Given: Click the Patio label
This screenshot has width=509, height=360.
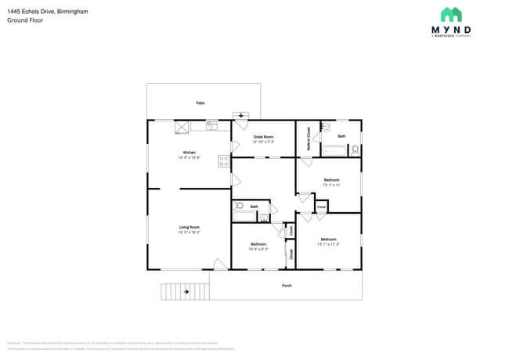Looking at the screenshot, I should pyautogui.click(x=200, y=103).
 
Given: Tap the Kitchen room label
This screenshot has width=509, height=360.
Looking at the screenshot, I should pyautogui.click(x=190, y=153).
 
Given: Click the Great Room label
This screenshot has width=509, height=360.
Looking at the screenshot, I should pyautogui.click(x=263, y=136).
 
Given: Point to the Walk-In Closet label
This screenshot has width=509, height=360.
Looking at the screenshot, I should pyautogui.click(x=309, y=139).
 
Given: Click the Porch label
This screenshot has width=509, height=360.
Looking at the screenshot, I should pyautogui.click(x=287, y=286).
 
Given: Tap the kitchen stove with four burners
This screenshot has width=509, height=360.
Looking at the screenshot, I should pyautogui.click(x=225, y=162).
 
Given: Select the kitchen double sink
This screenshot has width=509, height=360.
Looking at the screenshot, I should pyautogui.click(x=211, y=125).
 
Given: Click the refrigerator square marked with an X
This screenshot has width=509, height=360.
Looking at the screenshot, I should pyautogui.click(x=181, y=126).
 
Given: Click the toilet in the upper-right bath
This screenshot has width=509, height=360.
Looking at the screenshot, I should pyautogui.click(x=355, y=149).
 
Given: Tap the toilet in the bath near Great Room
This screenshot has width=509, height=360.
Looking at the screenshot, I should pyautogui.click(x=239, y=207).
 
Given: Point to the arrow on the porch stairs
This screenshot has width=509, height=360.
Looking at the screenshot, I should pyautogui.click(x=186, y=292).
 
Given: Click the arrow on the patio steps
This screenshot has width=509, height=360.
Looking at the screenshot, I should pyautogui.click(x=241, y=115).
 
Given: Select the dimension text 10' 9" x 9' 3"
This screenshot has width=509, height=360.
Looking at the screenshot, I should pyautogui.click(x=258, y=250).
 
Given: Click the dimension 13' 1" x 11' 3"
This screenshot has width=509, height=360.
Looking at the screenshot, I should pyautogui.click(x=328, y=244).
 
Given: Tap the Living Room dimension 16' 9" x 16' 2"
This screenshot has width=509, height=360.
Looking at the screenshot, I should pyautogui.click(x=190, y=232).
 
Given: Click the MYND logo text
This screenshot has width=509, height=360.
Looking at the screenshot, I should pyautogui.click(x=451, y=31).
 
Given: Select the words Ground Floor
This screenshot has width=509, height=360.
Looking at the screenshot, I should pyautogui.click(x=26, y=20).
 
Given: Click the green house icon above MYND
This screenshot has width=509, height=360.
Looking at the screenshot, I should pyautogui.click(x=451, y=14).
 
